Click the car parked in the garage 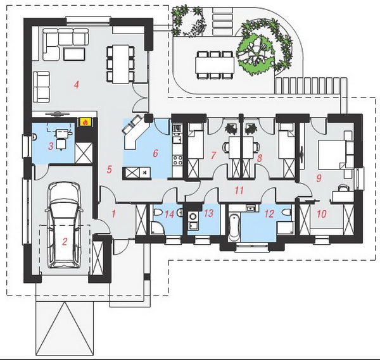tap(64, 225)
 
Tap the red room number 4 tap(77, 85)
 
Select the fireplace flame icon tap(85, 122)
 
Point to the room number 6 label tap(155, 153)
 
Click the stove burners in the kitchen tap(177, 160)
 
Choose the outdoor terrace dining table tap(215, 65)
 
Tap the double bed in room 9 tap(332, 154)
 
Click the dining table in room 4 tap(120, 64)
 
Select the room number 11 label tap(239, 190)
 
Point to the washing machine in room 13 tap(193, 216)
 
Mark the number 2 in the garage tap(65, 242)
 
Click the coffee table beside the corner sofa tap(74, 54)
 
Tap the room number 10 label tap(322, 214)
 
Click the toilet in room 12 tap(287, 213)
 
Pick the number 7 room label tap(213, 156)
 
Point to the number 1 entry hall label tap(113, 214)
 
